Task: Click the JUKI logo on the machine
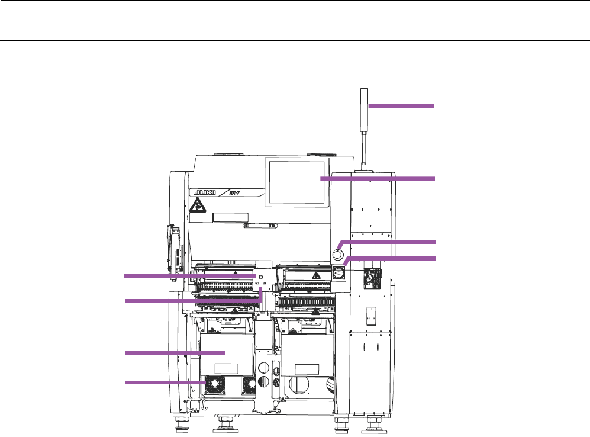[204, 192]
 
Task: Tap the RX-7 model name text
[234, 192]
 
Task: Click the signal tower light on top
[364, 110]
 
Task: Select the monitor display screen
[297, 182]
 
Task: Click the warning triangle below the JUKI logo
[197, 205]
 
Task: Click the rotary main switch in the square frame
[338, 272]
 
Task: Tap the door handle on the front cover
[260, 226]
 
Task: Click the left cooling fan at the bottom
[214, 385]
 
